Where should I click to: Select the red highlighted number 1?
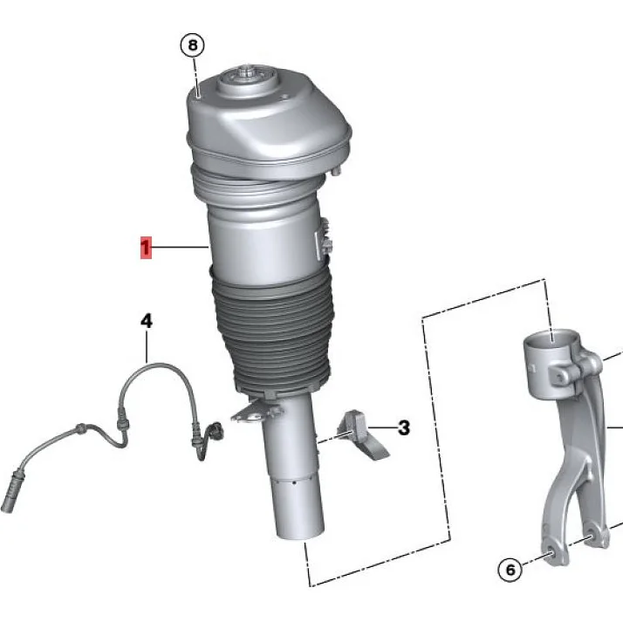pyautogui.click(x=146, y=249)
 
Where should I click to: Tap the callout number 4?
pyautogui.click(x=147, y=322)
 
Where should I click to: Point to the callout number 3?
pyautogui.click(x=403, y=428)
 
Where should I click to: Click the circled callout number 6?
pyautogui.click(x=510, y=571)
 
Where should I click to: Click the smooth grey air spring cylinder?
pyautogui.click(x=262, y=236)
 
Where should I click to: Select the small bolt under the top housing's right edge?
pyautogui.click(x=334, y=171)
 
